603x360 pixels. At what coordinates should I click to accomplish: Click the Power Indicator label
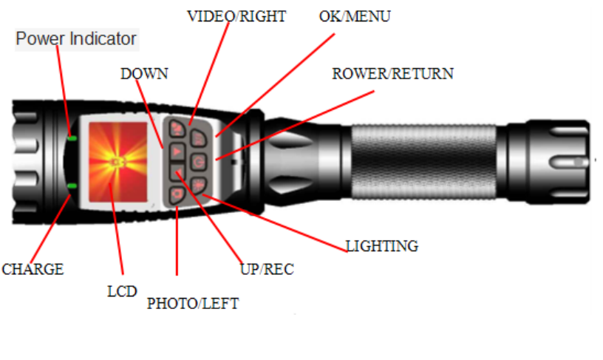click(76, 39)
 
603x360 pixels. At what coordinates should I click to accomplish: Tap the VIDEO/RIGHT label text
click(236, 16)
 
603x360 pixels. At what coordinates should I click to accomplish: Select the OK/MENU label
click(355, 16)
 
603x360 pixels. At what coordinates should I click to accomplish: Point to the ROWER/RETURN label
click(392, 74)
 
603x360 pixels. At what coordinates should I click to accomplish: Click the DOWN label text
click(144, 74)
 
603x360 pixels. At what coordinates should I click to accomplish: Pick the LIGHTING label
click(382, 246)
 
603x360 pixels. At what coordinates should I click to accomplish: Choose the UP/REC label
click(267, 269)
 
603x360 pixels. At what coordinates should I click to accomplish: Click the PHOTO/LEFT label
click(193, 304)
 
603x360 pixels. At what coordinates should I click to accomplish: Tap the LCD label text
click(122, 291)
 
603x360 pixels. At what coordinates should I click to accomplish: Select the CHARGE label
click(33, 269)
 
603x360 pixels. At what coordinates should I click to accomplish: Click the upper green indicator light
click(72, 138)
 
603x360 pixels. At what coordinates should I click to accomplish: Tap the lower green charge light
click(72, 186)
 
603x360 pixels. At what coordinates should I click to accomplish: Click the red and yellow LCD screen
click(118, 162)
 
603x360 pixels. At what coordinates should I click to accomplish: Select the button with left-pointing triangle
click(177, 172)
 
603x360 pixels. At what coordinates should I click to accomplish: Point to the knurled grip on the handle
click(423, 161)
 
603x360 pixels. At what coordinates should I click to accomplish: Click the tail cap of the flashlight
click(549, 162)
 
